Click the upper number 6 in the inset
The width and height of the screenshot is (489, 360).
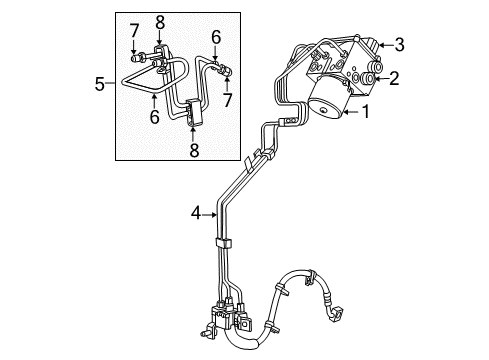tap(214, 39)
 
